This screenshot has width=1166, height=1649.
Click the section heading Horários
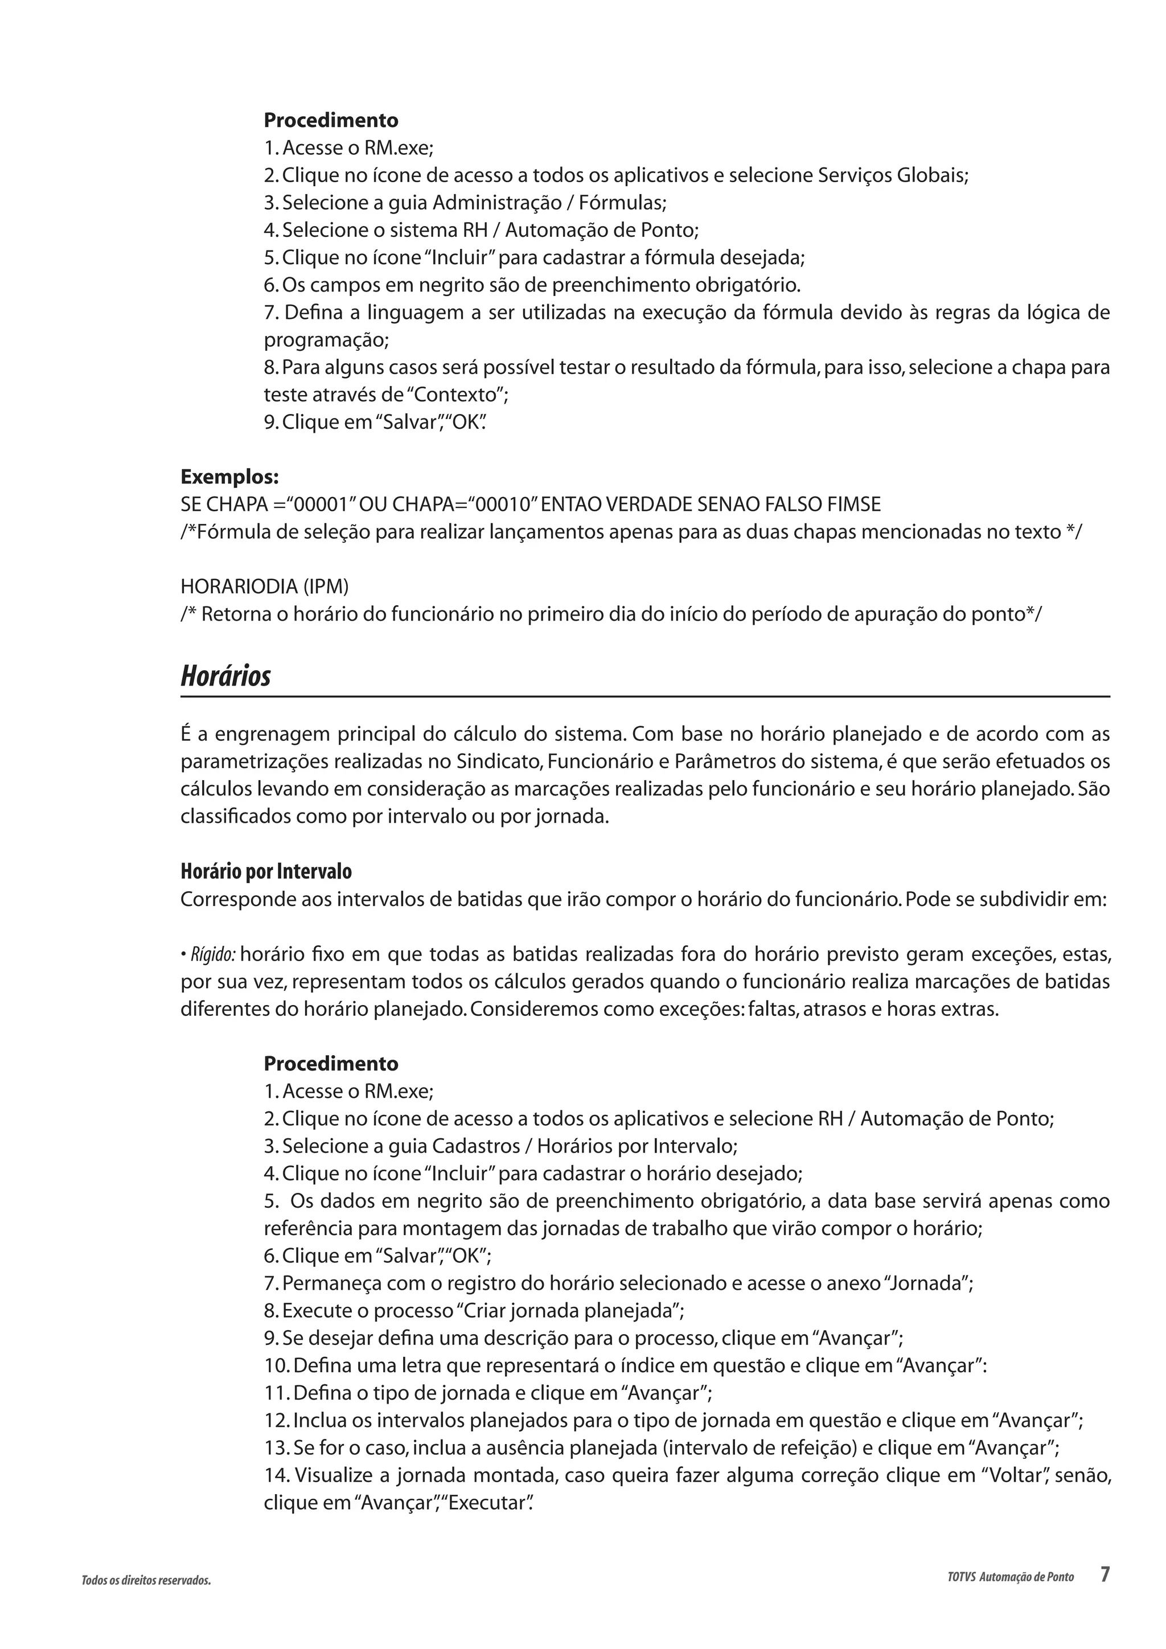coord(225,676)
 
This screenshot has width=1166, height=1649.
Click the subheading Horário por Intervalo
coord(266,872)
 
